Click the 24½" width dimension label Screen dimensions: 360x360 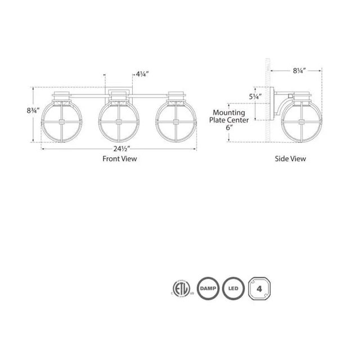tap(119, 149)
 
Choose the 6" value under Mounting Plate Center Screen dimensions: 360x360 tap(228, 128)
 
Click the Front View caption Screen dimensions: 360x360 tap(119, 159)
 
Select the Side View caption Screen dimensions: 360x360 tap(290, 159)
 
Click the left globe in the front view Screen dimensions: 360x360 tap(65, 121)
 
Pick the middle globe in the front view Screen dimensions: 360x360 tap(119, 121)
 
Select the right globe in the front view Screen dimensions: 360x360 tap(174, 121)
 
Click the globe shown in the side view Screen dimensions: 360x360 tap(301, 121)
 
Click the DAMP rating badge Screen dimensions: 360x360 tap(207, 288)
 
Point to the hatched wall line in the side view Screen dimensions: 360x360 tap(268, 101)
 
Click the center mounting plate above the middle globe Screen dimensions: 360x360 tap(119, 93)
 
